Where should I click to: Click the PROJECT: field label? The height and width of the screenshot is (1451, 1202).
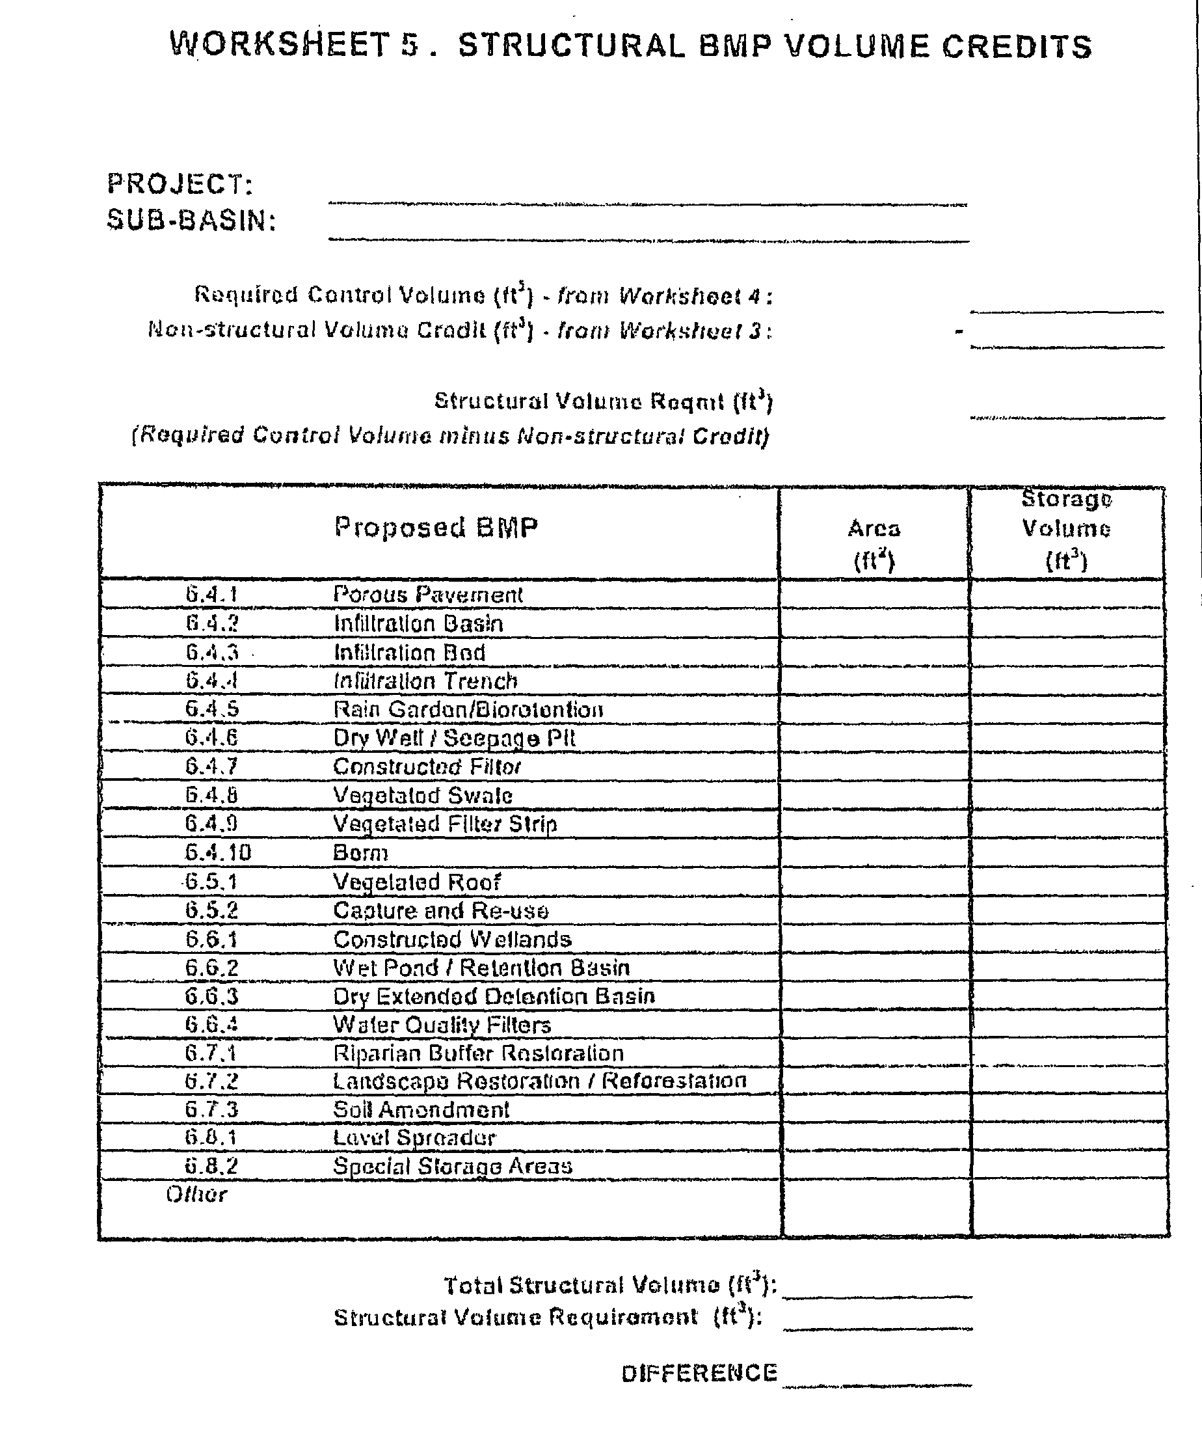(180, 183)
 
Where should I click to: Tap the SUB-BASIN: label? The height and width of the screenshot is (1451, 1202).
(191, 221)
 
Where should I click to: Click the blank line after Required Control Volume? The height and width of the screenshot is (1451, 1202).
(1067, 304)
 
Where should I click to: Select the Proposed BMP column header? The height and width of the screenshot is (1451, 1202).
(436, 527)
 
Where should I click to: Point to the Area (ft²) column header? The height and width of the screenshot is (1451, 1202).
(874, 544)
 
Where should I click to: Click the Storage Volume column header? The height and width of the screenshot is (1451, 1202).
(1067, 529)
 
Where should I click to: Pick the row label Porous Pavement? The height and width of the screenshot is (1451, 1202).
(427, 594)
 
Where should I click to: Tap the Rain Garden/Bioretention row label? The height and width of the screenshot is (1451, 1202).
(468, 710)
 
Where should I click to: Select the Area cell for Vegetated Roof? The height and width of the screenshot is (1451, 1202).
(875, 882)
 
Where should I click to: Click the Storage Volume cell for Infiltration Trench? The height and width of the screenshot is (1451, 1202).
(1067, 681)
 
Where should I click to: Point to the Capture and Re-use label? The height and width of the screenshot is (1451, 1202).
(441, 911)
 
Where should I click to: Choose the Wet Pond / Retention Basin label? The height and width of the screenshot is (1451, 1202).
(481, 968)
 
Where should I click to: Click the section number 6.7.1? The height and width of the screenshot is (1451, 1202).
(211, 1053)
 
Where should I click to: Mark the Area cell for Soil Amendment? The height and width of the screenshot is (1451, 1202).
(875, 1109)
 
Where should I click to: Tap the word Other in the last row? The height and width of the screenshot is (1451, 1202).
(196, 1195)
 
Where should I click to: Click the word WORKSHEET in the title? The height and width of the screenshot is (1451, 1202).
(280, 46)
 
